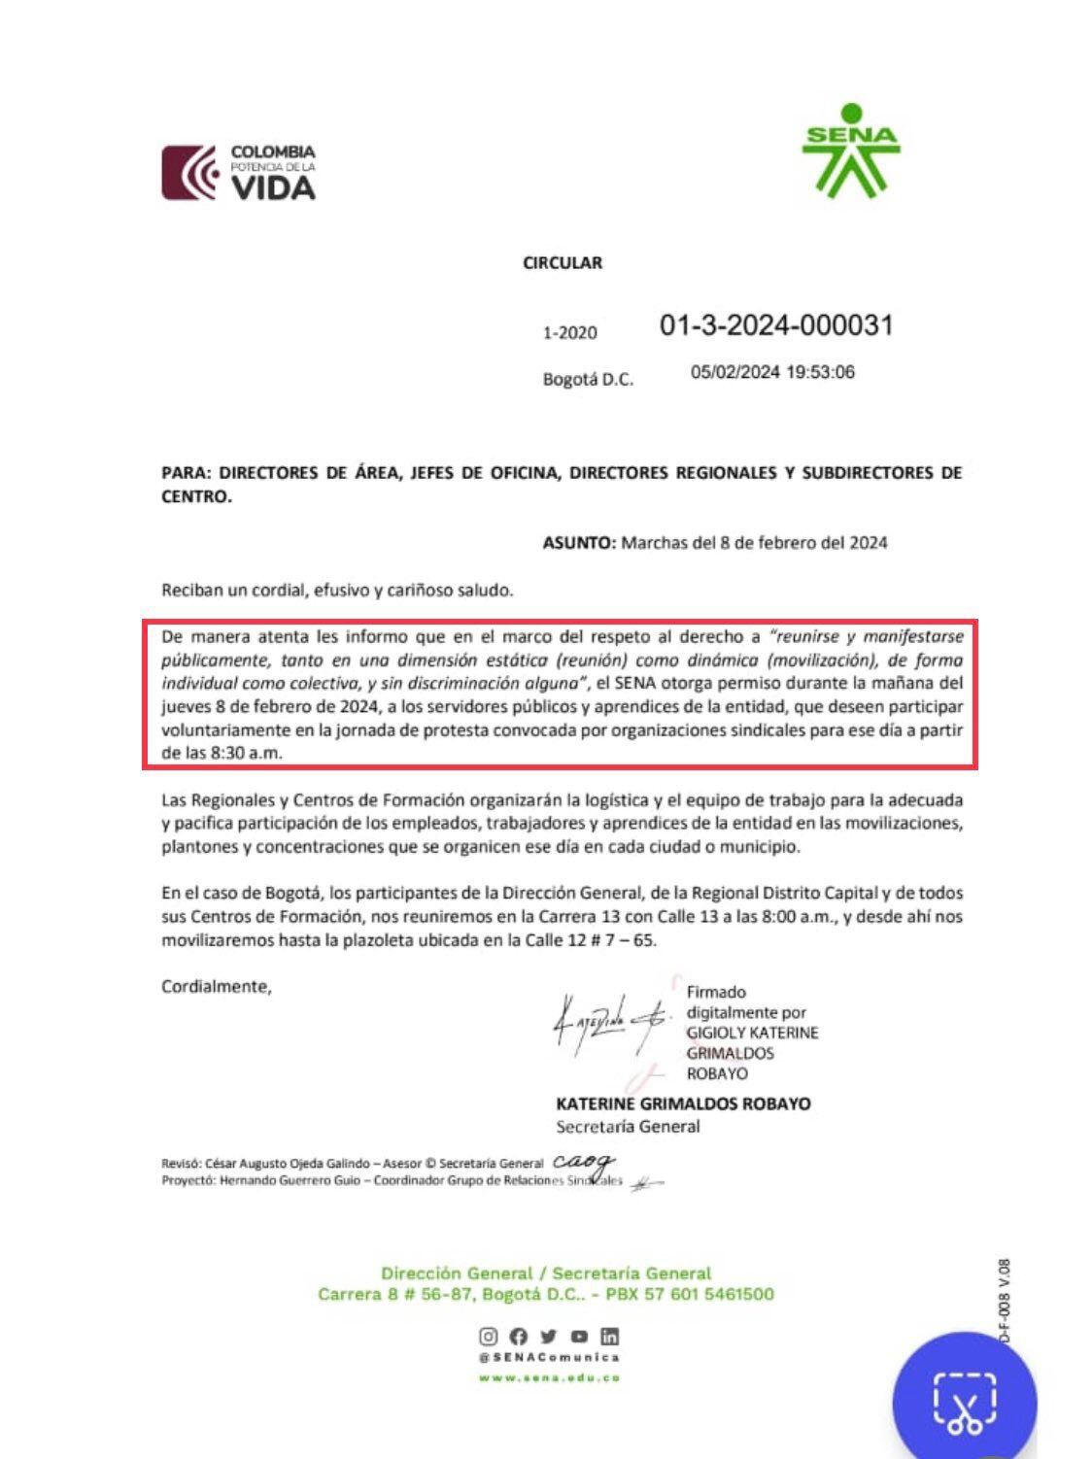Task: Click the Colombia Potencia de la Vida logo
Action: pos(239,172)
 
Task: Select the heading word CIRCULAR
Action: pos(563,262)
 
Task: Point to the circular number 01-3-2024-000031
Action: pos(775,324)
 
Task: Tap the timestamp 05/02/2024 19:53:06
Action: pos(772,372)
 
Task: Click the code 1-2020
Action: pos(570,333)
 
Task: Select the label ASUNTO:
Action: pos(579,542)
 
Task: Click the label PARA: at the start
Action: pos(186,473)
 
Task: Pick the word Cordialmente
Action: pos(216,986)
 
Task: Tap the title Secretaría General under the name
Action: pos(628,1127)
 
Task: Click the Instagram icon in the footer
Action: pos(489,1337)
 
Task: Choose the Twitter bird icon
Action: pos(549,1337)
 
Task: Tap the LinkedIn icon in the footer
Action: pos(610,1337)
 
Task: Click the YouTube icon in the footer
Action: pos(580,1337)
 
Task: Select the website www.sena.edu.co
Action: pos(549,1377)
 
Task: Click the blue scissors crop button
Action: pos(964,1402)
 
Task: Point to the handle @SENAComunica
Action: pos(549,1357)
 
